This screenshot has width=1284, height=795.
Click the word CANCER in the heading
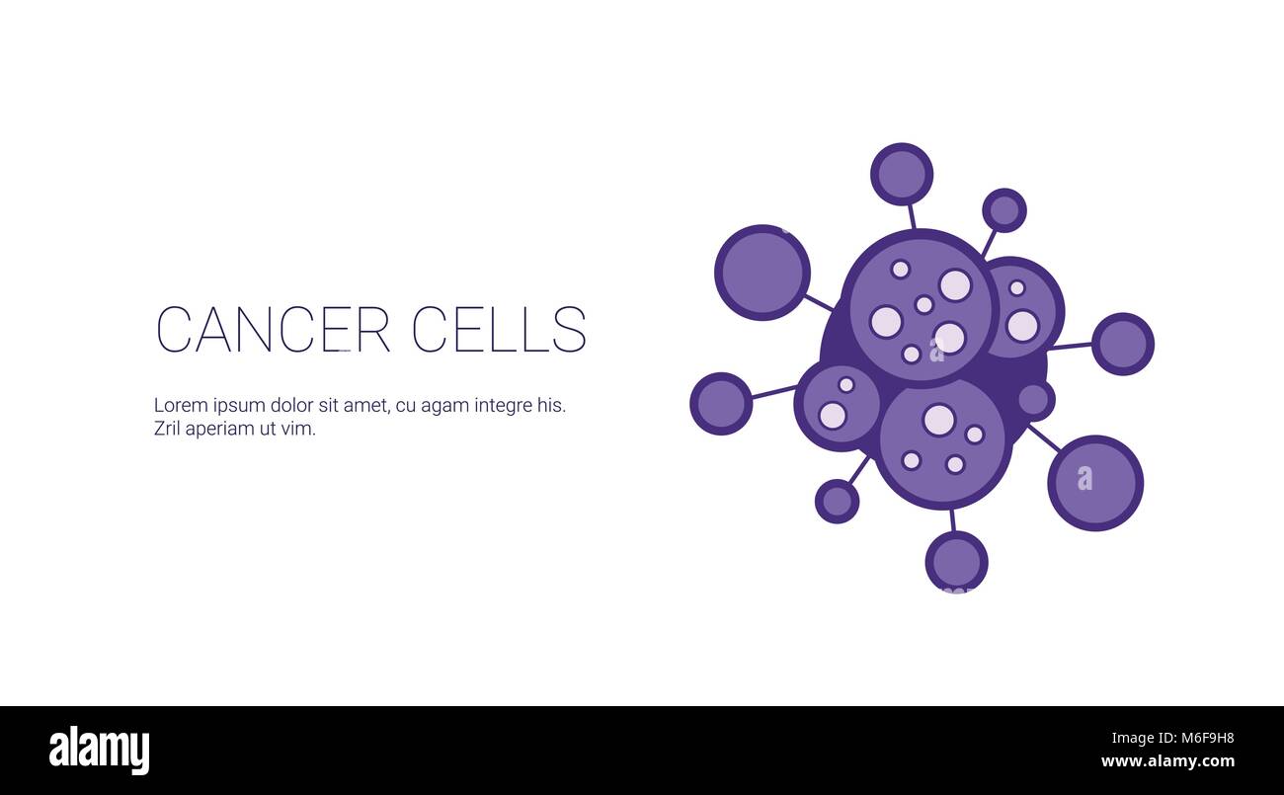coord(273,329)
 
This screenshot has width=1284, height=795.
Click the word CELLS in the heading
coord(499,329)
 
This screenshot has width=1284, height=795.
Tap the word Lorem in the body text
coord(181,405)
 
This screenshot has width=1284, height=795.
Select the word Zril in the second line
coord(167,429)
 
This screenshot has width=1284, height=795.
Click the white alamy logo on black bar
coord(99,751)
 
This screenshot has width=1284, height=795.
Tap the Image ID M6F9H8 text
coord(1172,738)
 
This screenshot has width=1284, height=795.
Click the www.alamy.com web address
coord(1167,761)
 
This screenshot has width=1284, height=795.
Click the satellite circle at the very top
coord(902,174)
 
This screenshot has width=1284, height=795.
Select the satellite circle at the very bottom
coord(957,562)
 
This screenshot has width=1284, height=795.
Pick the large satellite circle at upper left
coord(762,273)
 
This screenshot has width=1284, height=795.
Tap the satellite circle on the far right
coord(1123,344)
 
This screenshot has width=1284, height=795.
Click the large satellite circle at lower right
coord(1095,483)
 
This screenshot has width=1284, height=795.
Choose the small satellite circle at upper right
coord(1004,210)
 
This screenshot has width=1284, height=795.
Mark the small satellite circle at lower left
coord(837,502)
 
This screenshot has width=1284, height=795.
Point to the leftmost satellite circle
coord(721,404)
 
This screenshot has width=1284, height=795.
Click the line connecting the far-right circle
coord(1071,346)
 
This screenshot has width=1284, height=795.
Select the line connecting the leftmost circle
coord(773,392)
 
